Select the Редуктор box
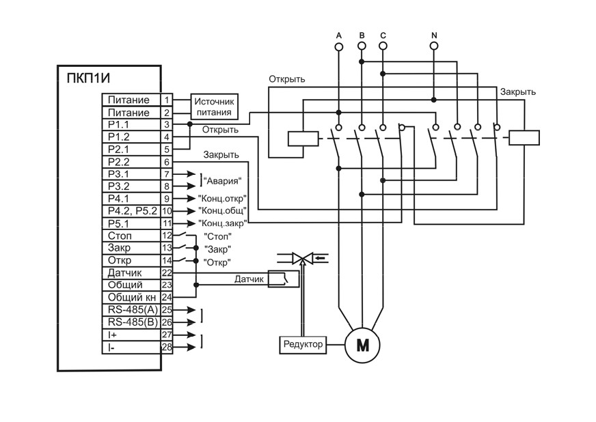click(x=303, y=345)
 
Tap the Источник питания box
click(x=215, y=107)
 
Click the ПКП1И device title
click(x=88, y=79)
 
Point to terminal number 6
click(x=167, y=162)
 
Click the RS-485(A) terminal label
click(x=133, y=309)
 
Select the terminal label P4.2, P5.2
click(x=132, y=211)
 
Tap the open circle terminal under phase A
click(x=339, y=46)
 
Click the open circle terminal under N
click(x=434, y=46)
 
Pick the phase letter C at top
click(x=383, y=36)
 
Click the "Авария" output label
click(x=223, y=181)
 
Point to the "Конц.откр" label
click(x=222, y=198)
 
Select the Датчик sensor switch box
click(x=283, y=279)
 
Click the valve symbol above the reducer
click(x=303, y=259)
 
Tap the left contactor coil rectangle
click(x=303, y=139)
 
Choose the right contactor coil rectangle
click(x=524, y=137)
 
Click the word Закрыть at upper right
click(x=517, y=92)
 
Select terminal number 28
click(x=167, y=347)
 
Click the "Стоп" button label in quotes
click(x=217, y=237)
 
